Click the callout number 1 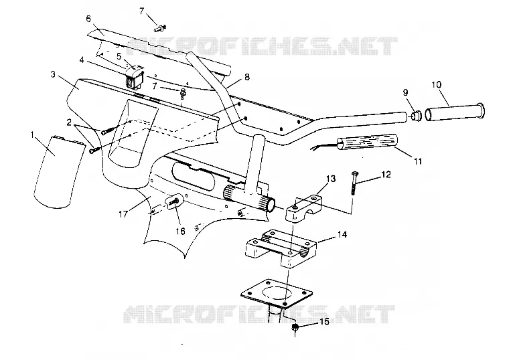click(x=32, y=134)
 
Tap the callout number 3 click(x=53, y=74)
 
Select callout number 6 click(x=88, y=19)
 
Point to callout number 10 click(x=437, y=85)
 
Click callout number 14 click(x=342, y=234)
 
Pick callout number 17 click(x=123, y=214)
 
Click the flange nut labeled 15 click(x=295, y=327)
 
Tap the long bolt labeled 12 click(x=354, y=183)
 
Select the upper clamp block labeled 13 click(x=304, y=208)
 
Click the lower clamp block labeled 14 click(x=281, y=249)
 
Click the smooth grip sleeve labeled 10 click(x=455, y=113)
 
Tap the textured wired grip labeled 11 click(x=367, y=143)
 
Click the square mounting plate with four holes click(x=277, y=293)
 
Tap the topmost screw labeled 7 click(x=160, y=29)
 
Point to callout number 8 click(x=246, y=77)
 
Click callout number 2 click(x=69, y=122)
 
